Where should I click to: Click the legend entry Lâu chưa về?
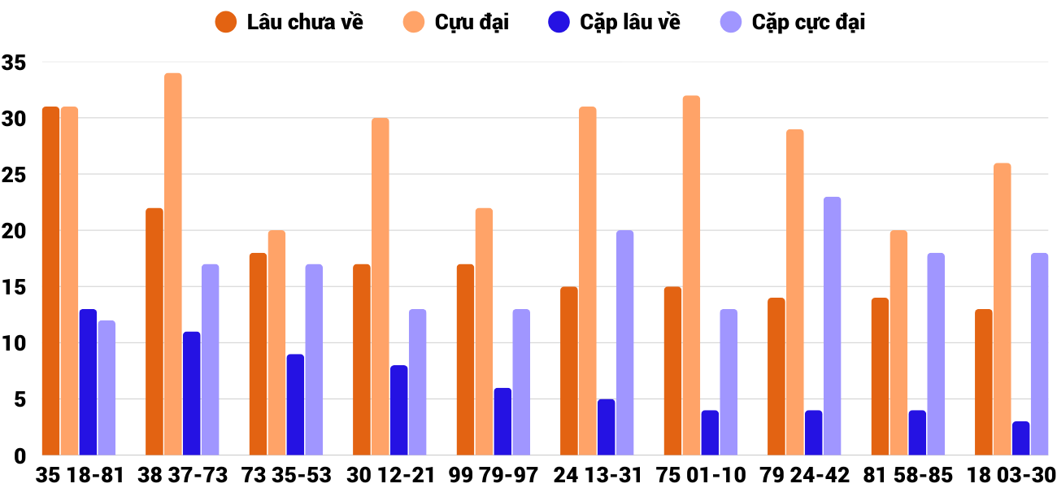coord(290,22)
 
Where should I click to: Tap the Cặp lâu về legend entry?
coord(615,22)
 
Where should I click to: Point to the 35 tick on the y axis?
coord(14,63)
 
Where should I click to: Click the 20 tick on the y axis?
coord(14,231)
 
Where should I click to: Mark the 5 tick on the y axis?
coord(20,399)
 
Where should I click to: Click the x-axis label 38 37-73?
coord(183,475)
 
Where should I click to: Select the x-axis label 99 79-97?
coord(494,475)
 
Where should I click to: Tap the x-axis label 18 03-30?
coord(1012,475)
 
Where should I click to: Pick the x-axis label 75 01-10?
coord(702,475)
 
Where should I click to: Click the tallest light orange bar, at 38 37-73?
coord(173,264)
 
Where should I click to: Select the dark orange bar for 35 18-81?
coord(50,281)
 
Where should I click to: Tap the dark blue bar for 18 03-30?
coord(1020,438)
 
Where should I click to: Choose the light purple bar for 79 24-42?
coord(832,325)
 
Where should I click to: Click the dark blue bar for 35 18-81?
coord(88,382)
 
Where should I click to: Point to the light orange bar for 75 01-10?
coord(691,276)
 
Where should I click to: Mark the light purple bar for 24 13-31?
coord(624,342)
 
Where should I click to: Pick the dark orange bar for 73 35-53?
coord(258,354)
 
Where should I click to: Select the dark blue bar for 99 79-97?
coord(502,421)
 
